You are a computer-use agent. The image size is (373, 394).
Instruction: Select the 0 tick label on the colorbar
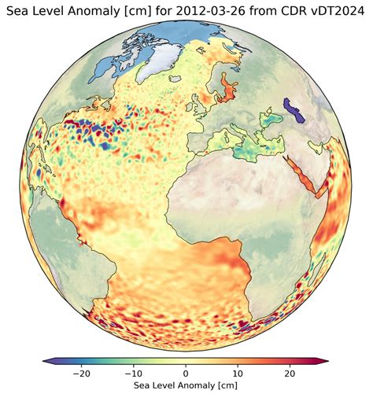click(186, 371)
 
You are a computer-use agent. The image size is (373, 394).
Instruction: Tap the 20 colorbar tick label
click(290, 371)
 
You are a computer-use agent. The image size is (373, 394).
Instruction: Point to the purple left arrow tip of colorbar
click(46, 360)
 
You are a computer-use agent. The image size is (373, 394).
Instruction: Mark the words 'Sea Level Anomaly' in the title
click(62, 11)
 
